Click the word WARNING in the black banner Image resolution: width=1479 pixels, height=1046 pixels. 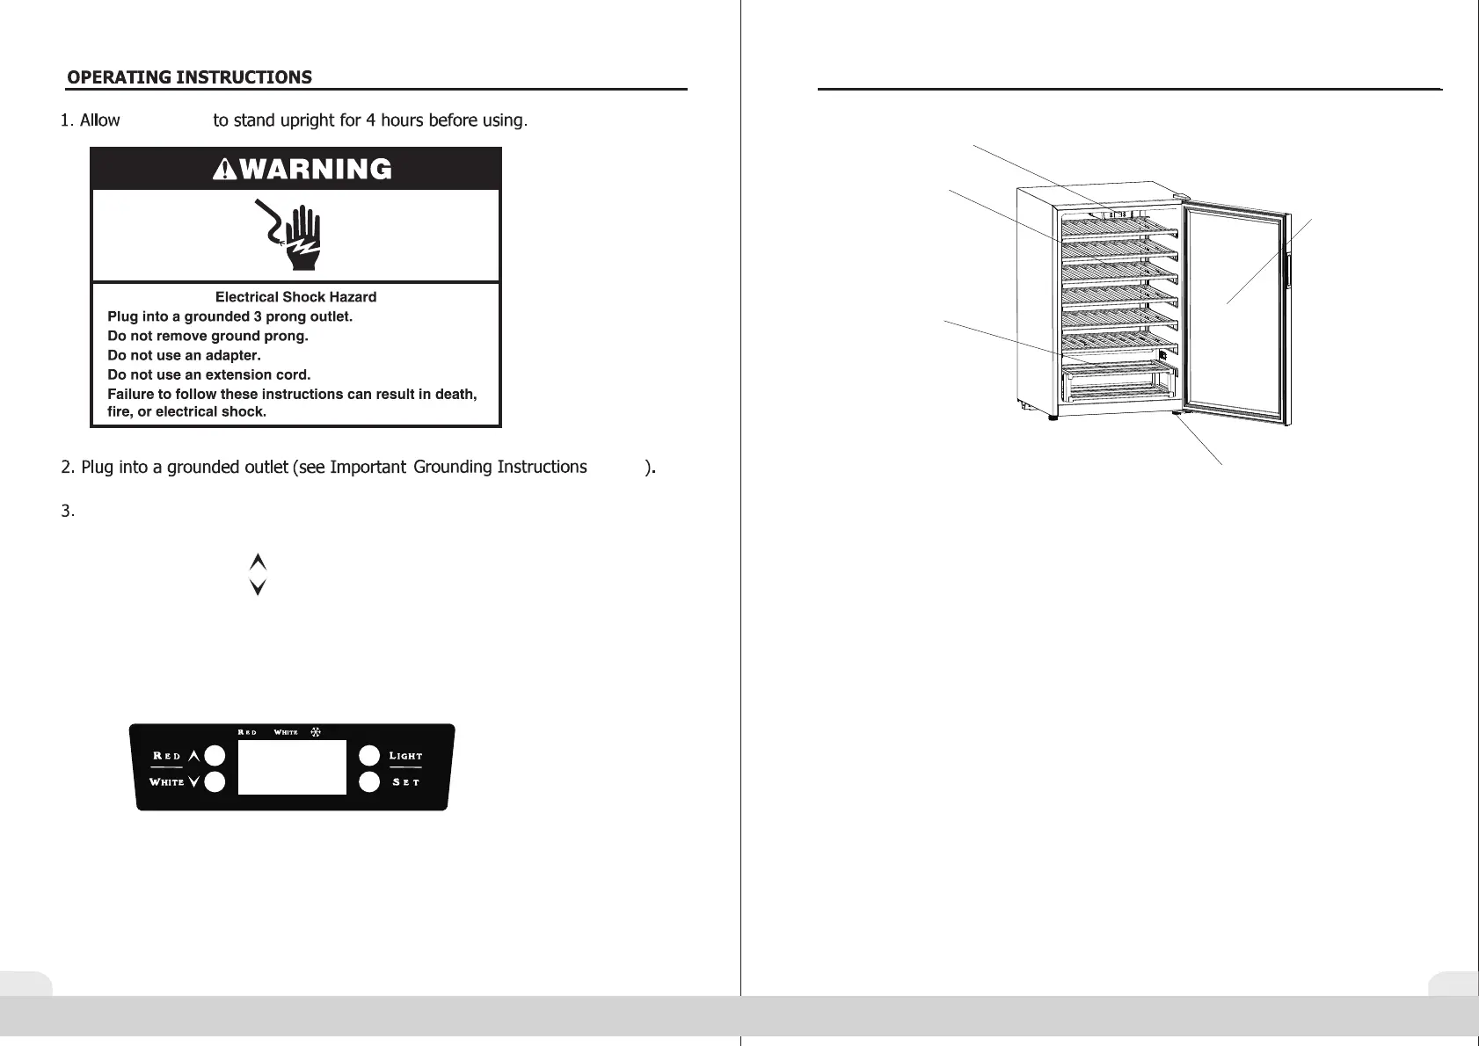click(x=315, y=169)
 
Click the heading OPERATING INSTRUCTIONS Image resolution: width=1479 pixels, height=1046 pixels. click(x=189, y=77)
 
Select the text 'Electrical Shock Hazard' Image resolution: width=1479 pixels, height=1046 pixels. click(x=295, y=297)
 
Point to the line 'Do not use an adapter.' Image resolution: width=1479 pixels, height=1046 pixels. click(x=184, y=355)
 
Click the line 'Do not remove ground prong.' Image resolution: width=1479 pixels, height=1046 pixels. click(x=208, y=336)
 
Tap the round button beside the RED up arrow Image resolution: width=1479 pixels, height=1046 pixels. click(x=215, y=756)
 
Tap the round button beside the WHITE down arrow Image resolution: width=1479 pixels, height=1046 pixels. click(x=215, y=781)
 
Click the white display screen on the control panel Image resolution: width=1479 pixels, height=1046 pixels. click(x=292, y=766)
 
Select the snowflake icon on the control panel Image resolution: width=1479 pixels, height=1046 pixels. click(x=316, y=731)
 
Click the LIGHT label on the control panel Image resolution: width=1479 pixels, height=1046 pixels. click(x=405, y=756)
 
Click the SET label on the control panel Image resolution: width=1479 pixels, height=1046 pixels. click(x=405, y=781)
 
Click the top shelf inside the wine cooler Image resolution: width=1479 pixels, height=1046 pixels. click(x=1117, y=228)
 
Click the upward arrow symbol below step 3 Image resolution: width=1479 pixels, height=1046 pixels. click(x=258, y=562)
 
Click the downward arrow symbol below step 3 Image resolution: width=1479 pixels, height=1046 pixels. click(x=258, y=587)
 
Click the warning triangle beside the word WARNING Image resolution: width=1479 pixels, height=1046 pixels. click(x=226, y=169)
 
